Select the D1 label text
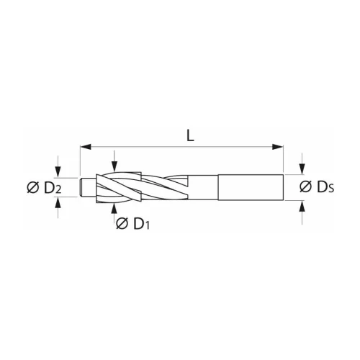[138, 224]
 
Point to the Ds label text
[323, 187]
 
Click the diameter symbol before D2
[32, 188]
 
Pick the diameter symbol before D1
[122, 224]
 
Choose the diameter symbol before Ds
[306, 187]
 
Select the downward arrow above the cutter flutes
[116, 164]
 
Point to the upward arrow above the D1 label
[116, 209]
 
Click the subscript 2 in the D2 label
[56, 191]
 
